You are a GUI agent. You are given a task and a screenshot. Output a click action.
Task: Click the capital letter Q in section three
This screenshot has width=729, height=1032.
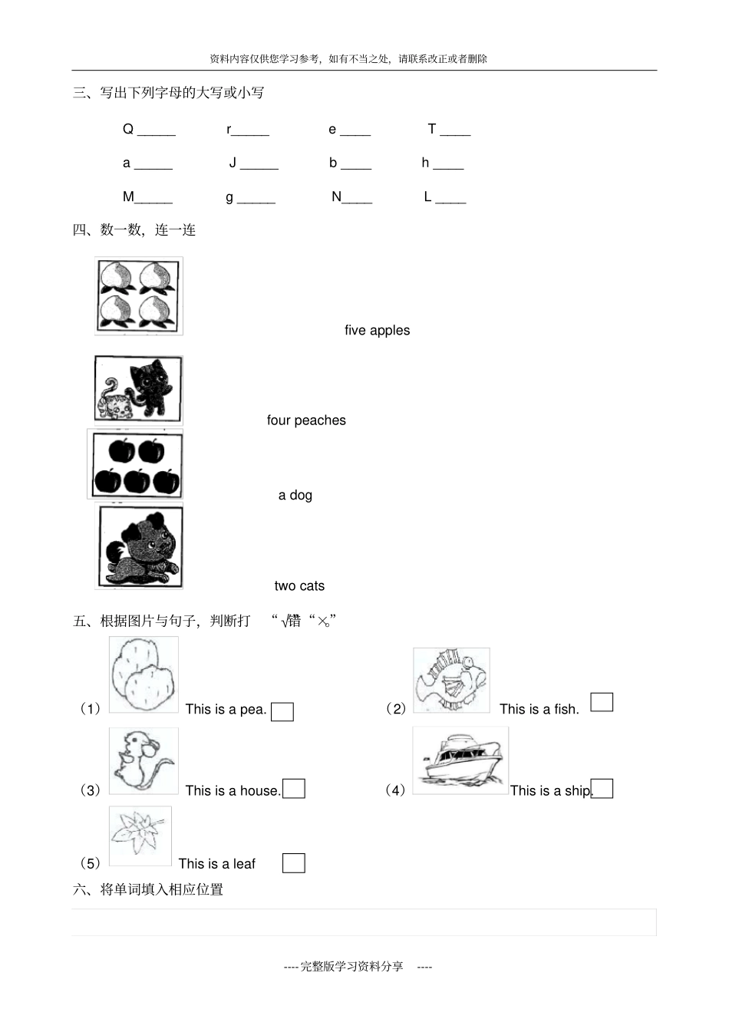coord(128,129)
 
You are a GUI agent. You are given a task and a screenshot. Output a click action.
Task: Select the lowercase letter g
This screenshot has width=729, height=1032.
coord(229,197)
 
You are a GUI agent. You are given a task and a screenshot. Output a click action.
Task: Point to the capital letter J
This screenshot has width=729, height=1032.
coord(233,163)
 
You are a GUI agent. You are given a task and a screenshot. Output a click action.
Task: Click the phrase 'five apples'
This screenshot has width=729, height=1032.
coord(377,331)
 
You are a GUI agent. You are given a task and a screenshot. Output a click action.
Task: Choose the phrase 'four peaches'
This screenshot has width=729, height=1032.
coord(306,420)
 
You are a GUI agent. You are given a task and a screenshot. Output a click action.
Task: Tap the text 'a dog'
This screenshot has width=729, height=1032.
coord(295,496)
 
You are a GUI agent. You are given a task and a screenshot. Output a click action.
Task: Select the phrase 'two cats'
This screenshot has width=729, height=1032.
coord(299,586)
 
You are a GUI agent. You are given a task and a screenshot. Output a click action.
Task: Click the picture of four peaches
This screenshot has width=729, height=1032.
coord(139,296)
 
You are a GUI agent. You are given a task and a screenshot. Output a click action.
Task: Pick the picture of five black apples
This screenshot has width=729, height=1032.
coord(137,466)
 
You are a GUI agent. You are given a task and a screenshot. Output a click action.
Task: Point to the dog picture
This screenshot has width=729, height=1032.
coord(140,547)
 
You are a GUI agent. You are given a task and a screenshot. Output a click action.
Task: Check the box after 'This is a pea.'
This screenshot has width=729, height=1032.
coord(282,712)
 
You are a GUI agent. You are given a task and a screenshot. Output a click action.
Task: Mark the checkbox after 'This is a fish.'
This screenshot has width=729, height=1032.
coord(602,702)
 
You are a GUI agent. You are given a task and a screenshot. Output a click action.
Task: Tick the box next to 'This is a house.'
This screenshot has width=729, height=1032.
coord(294,789)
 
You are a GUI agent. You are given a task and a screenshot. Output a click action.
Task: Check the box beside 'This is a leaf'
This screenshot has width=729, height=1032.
coord(293,863)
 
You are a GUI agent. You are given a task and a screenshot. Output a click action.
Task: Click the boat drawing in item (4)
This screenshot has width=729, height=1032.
coord(460,761)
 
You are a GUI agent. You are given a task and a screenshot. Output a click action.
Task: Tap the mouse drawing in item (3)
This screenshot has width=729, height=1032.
coord(143,761)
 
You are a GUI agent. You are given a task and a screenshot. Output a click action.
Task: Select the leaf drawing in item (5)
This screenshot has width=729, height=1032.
coord(140,835)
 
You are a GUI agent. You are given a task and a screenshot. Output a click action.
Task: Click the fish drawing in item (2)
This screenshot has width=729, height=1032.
coord(451,681)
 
